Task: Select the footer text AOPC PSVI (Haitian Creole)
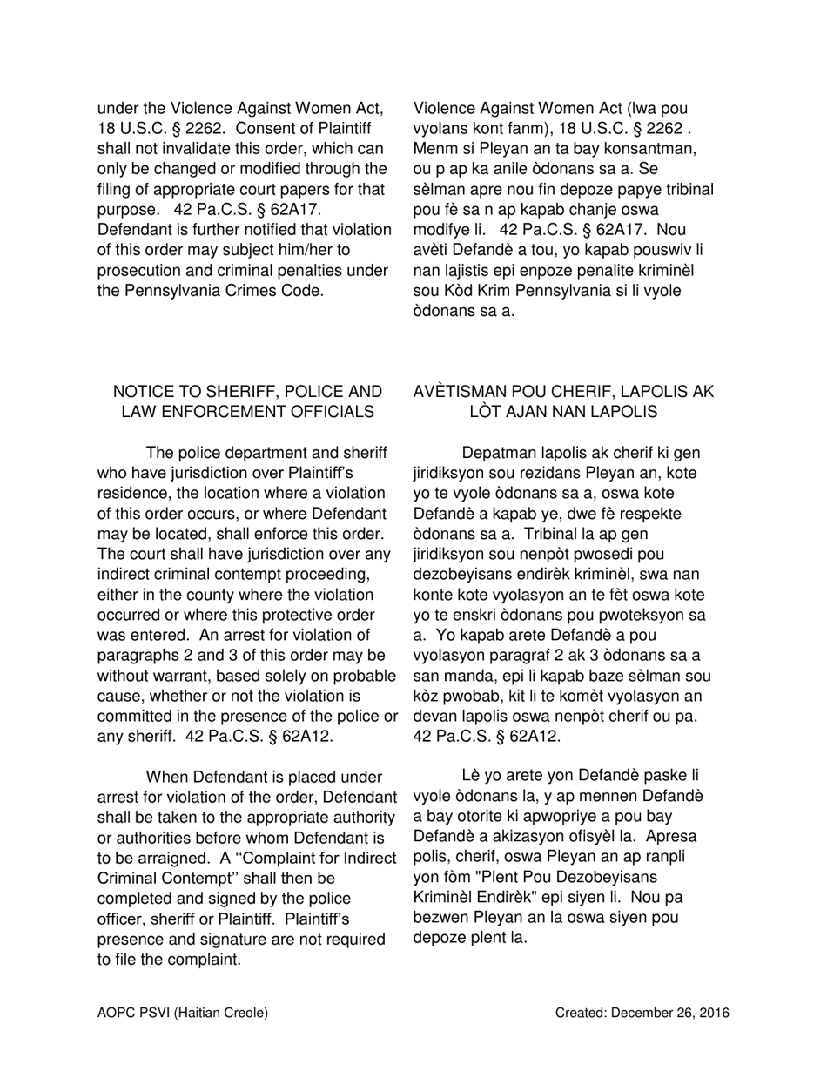coord(183,1013)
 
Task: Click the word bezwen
coord(441,918)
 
